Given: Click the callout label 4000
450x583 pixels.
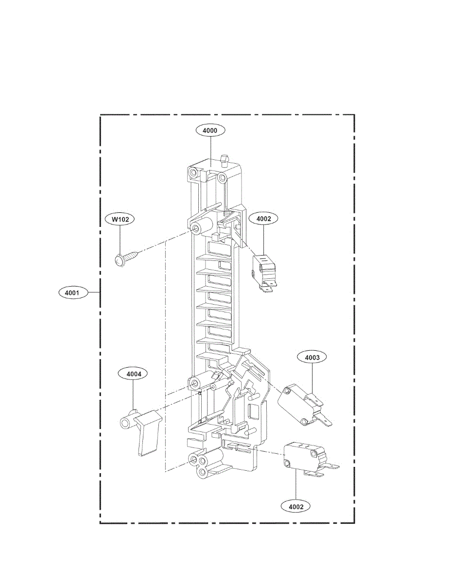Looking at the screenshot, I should coord(210,130).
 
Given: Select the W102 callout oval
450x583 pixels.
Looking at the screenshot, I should coord(120,220).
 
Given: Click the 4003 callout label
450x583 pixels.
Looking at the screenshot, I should coord(312,358).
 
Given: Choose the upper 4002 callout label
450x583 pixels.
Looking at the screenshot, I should coord(263,219).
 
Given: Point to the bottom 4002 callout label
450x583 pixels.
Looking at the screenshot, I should coord(295,506).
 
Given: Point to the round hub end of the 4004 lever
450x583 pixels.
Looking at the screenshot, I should coord(126,422).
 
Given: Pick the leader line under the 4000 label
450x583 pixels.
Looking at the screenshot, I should coord(210,148).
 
